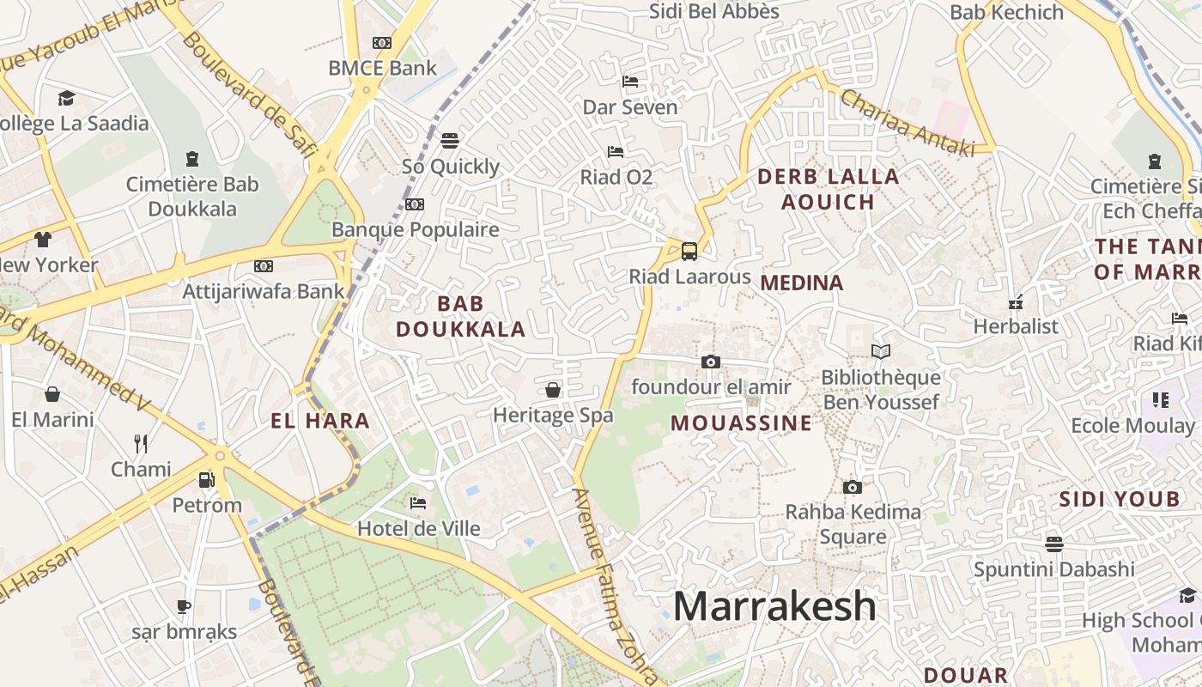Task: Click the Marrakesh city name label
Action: coord(774,606)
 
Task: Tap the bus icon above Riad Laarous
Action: coord(689,251)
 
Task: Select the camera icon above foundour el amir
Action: coord(710,362)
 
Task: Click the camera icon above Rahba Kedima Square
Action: coord(852,487)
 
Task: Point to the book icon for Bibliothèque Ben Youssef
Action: coord(880,351)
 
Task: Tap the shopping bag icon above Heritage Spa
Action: coord(553,390)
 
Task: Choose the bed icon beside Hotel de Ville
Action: coord(418,502)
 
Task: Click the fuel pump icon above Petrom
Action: coord(206,479)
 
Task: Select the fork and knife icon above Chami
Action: coord(141,443)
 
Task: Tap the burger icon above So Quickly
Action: coord(450,140)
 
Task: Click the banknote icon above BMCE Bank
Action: coord(382,42)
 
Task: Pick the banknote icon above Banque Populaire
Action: coord(415,204)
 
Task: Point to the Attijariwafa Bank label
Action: coord(263,291)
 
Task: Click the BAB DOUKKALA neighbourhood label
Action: coord(461,316)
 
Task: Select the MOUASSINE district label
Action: coord(741,423)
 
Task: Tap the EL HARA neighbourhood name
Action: coord(320,421)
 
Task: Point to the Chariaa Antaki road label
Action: coord(907,123)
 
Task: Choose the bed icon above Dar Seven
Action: coord(630,82)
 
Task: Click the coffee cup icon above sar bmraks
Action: coord(184,606)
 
